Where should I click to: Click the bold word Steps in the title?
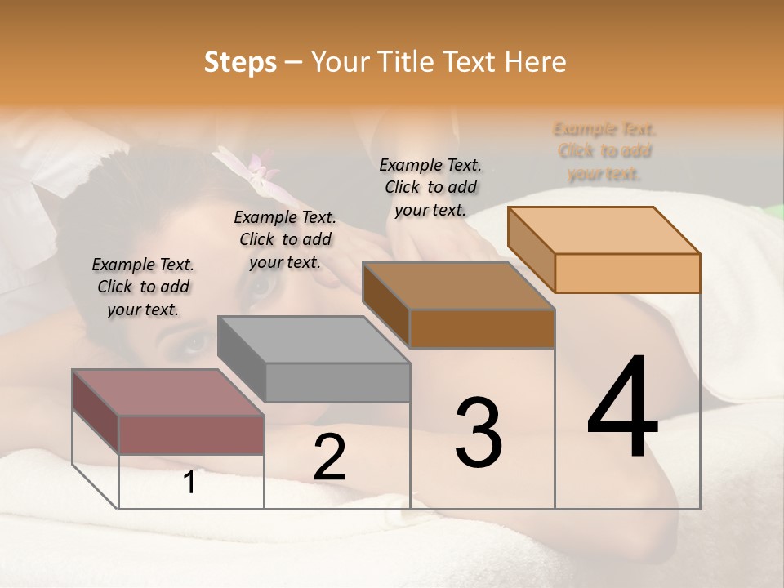[239, 62]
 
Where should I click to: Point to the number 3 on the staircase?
[478, 433]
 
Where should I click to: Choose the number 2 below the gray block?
[329, 457]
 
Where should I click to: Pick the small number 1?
[189, 483]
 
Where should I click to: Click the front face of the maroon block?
[191, 434]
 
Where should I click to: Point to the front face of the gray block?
[337, 382]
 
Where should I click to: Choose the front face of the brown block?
[482, 328]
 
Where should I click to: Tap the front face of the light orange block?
[627, 273]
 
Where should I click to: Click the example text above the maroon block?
[143, 287]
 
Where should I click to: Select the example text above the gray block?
[285, 239]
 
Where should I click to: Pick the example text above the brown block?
[430, 187]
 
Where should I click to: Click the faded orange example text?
[604, 151]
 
